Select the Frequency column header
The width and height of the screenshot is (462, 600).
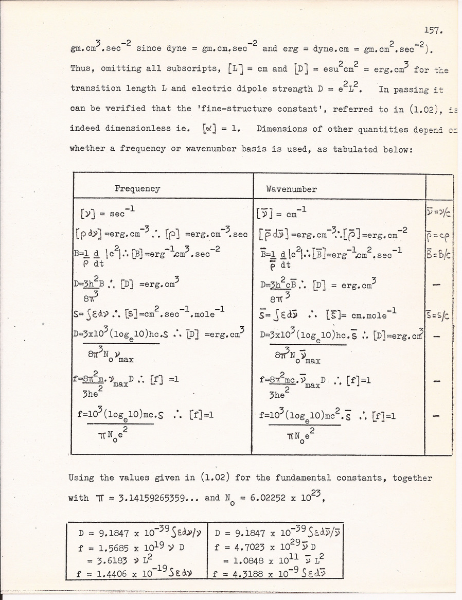(137, 188)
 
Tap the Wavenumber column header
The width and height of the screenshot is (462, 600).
(291, 189)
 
